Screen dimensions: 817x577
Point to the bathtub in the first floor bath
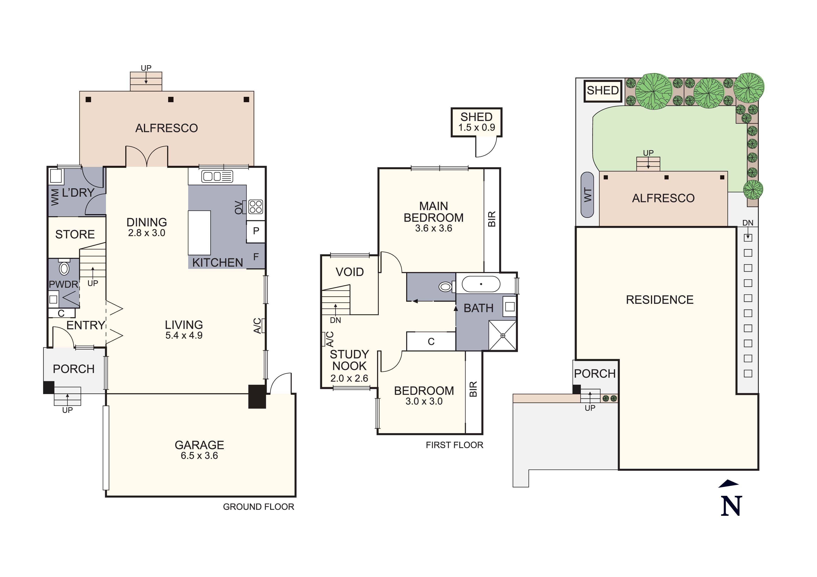pyautogui.click(x=481, y=284)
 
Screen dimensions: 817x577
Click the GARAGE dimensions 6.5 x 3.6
pyautogui.click(x=199, y=456)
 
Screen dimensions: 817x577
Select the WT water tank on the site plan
pyautogui.click(x=587, y=195)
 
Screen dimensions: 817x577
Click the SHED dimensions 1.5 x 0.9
pyautogui.click(x=477, y=128)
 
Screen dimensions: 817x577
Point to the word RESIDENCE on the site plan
pyautogui.click(x=660, y=300)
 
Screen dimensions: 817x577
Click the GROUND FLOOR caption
pyautogui.click(x=259, y=507)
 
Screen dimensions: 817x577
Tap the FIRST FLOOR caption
pyautogui.click(x=454, y=445)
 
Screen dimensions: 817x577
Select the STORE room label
pyautogui.click(x=75, y=234)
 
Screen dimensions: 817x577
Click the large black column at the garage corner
pyautogui.click(x=257, y=396)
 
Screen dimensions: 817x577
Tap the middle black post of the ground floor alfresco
pyautogui.click(x=171, y=100)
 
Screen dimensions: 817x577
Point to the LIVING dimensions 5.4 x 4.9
pyautogui.click(x=184, y=335)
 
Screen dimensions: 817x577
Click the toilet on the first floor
pyautogui.click(x=446, y=286)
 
